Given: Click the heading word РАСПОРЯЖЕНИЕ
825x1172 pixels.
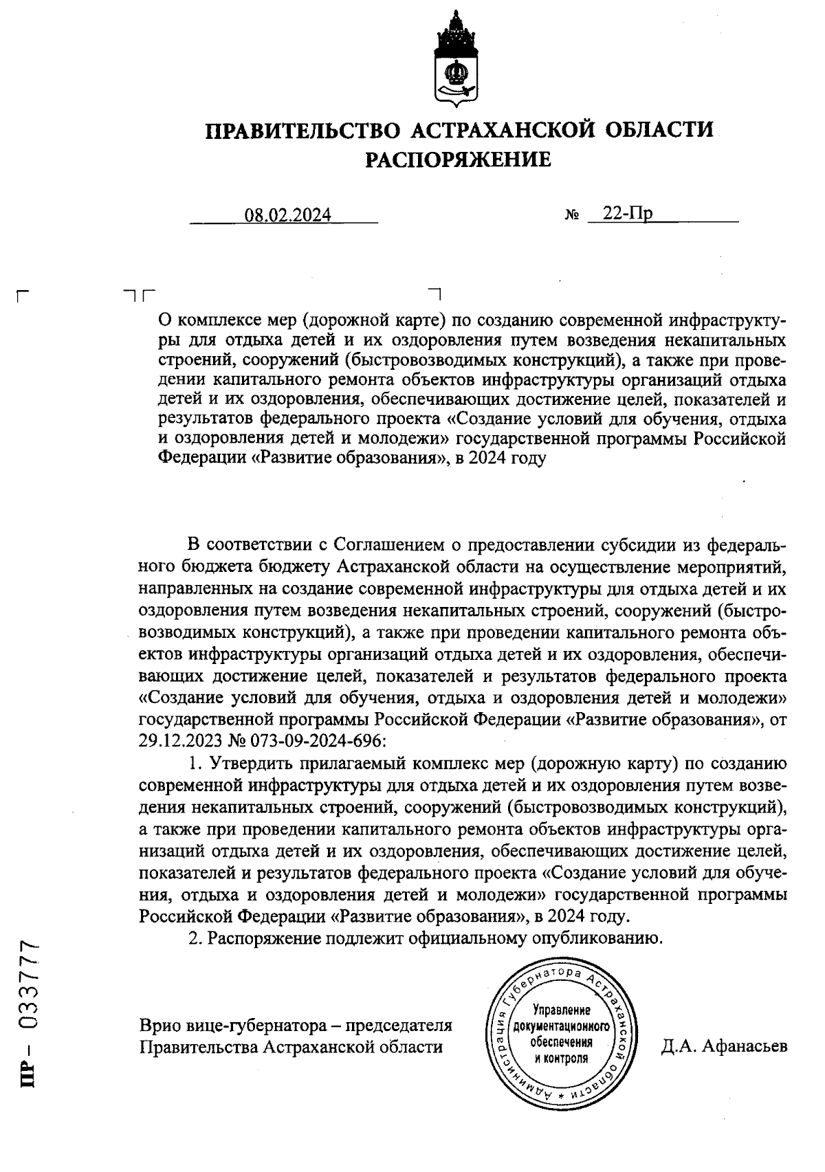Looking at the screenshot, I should point(457,160).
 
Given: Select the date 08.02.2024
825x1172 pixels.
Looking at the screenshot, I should point(288,215).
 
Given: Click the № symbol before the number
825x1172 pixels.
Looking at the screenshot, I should point(571,216).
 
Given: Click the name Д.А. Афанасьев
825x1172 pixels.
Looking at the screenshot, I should point(724,1046).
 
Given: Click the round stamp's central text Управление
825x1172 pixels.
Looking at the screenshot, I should point(562,1010).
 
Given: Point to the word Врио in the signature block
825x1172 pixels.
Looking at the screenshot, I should point(159,1026).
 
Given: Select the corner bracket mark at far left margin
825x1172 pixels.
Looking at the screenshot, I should point(23,298).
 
